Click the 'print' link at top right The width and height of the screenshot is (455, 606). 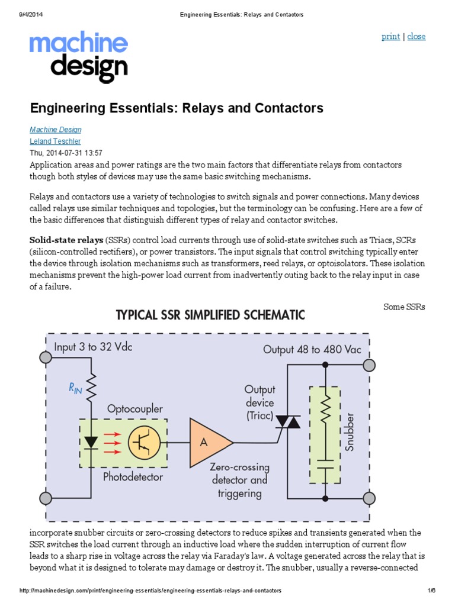pyautogui.click(x=390, y=37)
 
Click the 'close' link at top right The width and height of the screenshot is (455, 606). pyautogui.click(x=416, y=37)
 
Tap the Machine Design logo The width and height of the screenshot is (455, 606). pyautogui.click(x=79, y=57)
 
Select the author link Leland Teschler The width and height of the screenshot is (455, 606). pyautogui.click(x=55, y=141)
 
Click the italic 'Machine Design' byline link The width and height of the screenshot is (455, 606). pyautogui.click(x=56, y=130)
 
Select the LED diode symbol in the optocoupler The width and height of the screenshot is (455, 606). pyautogui.click(x=91, y=442)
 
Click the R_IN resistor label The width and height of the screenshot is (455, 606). pyautogui.click(x=75, y=389)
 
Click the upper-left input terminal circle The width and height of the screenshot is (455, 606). pyautogui.click(x=46, y=357)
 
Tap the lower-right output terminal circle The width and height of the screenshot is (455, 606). pyautogui.click(x=369, y=498)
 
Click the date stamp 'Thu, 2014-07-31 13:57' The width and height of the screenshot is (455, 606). pyautogui.click(x=66, y=153)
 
